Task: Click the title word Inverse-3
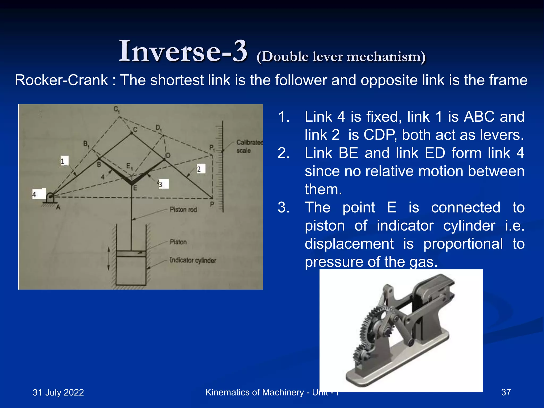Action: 183,51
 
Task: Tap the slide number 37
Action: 506,392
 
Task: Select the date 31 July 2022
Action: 58,392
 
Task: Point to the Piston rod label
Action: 183,210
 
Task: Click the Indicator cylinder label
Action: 193,260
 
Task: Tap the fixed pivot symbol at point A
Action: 50,199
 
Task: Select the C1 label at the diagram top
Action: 117,109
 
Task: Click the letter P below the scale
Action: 212,204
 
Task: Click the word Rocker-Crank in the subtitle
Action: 61,80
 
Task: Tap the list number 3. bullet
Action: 283,207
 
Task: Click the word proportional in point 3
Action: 463,244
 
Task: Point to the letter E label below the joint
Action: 135,188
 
